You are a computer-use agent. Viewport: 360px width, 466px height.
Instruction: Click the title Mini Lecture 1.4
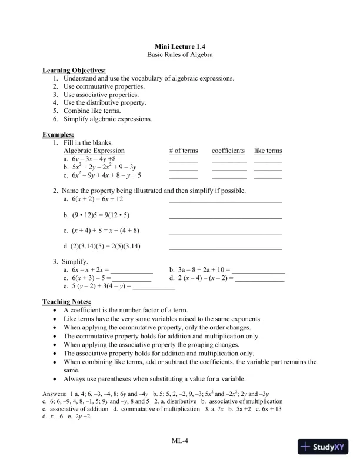pos(179,46)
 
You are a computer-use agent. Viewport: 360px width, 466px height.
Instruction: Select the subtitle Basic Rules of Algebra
pos(179,54)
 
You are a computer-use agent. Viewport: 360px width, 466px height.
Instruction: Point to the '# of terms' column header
pos(184,151)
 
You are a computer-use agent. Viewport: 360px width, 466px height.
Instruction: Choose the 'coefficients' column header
pos(228,151)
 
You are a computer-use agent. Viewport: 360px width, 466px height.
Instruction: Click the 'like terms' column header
pos(268,151)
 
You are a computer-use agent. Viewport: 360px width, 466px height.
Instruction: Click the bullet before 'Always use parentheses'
pos(55,378)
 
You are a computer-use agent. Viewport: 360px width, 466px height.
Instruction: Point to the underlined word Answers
pos(55,393)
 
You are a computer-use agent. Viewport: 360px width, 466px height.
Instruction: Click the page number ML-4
pos(179,440)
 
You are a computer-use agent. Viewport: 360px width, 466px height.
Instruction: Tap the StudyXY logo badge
pos(325,447)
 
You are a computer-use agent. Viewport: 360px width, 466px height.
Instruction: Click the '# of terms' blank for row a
pos(184,160)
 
